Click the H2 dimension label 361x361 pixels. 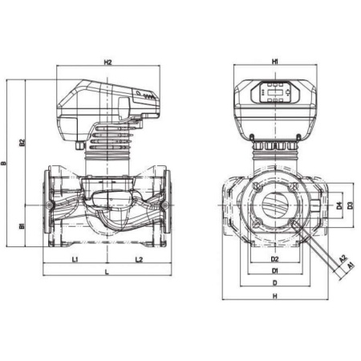pyautogui.click(x=107, y=62)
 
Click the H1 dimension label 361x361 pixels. pyautogui.click(x=274, y=62)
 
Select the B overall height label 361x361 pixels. pyautogui.click(x=6, y=164)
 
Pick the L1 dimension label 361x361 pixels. pyautogui.click(x=74, y=260)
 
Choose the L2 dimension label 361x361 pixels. pyautogui.click(x=138, y=260)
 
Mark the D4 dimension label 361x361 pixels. pyautogui.click(x=339, y=206)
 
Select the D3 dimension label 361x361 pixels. pyautogui.click(x=350, y=206)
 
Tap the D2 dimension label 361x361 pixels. pyautogui.click(x=274, y=260)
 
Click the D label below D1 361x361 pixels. pyautogui.click(x=274, y=283)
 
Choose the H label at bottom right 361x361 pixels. pyautogui.click(x=274, y=297)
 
